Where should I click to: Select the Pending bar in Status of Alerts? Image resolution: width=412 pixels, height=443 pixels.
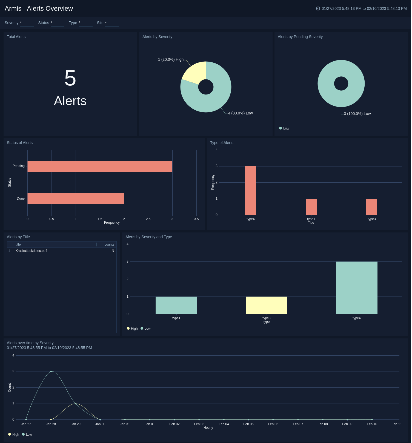pyautogui.click(x=100, y=166)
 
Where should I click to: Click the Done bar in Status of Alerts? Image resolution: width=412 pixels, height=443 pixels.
pyautogui.click(x=76, y=199)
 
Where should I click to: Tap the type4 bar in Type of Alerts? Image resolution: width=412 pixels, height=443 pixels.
pyautogui.click(x=250, y=191)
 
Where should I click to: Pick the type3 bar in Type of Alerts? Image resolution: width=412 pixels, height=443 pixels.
pyautogui.click(x=371, y=207)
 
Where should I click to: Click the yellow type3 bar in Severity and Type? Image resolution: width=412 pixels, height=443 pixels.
pyautogui.click(x=266, y=305)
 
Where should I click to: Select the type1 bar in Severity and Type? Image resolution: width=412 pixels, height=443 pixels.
pyautogui.click(x=176, y=305)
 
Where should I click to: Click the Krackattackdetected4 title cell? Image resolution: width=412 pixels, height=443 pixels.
pyautogui.click(x=31, y=251)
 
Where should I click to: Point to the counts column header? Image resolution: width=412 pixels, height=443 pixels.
pyautogui.click(x=109, y=244)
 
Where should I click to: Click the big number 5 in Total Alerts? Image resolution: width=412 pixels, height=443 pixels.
pyautogui.click(x=70, y=78)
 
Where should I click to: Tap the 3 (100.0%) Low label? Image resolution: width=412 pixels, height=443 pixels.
pyautogui.click(x=357, y=114)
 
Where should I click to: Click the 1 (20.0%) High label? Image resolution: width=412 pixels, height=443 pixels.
pyautogui.click(x=170, y=59)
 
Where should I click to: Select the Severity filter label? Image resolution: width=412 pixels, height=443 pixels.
pyautogui.click(x=12, y=23)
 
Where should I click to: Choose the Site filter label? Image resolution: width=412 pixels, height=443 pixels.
pyautogui.click(x=100, y=23)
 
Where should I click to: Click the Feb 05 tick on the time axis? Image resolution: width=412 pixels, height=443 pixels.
pyautogui.click(x=248, y=424)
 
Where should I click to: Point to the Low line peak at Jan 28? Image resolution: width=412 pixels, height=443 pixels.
pyautogui.click(x=51, y=372)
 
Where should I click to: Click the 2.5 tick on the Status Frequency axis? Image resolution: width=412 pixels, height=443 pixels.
pyautogui.click(x=148, y=219)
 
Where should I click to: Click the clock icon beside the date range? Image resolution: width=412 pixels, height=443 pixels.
pyautogui.click(x=318, y=8)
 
